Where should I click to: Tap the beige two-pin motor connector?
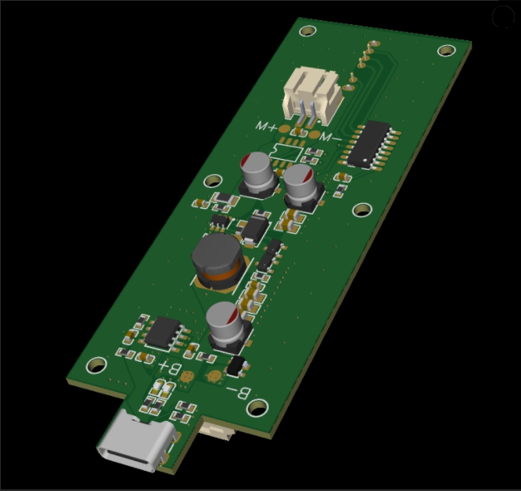[x=312, y=94]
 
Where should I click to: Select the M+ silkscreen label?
[x=266, y=127]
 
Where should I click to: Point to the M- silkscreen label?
[x=330, y=137]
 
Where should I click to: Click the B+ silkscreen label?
[x=170, y=368]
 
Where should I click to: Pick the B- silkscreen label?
[x=239, y=393]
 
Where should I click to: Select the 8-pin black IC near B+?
[x=163, y=332]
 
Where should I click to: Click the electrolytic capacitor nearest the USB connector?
[x=227, y=327]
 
